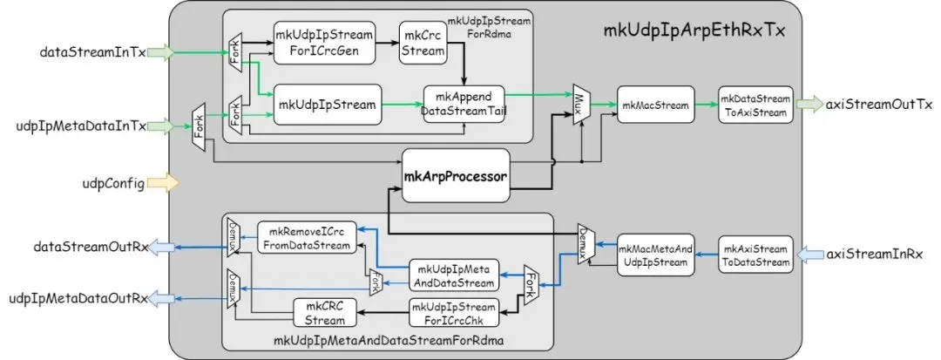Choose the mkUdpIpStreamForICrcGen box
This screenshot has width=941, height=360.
pyautogui.click(x=325, y=42)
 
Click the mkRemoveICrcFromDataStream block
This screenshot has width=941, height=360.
pyautogui.click(x=306, y=236)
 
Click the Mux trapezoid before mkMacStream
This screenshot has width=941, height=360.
pyautogui.click(x=579, y=105)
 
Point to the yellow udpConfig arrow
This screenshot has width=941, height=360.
pyautogui.click(x=163, y=183)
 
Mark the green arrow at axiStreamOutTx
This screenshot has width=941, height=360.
pyautogui.click(x=816, y=104)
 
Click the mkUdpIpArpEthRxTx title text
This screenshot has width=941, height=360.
pyautogui.click(x=694, y=31)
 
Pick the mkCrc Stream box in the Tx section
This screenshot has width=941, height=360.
pyautogui.click(x=423, y=41)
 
